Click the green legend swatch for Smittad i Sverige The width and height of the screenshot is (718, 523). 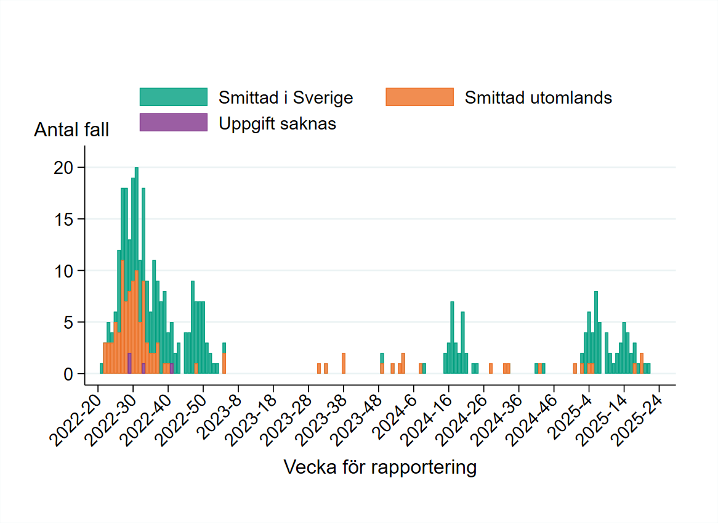click(173, 97)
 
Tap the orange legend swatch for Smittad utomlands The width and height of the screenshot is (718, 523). click(419, 97)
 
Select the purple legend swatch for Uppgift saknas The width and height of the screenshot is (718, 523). click(173, 123)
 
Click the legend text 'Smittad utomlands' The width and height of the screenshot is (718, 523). click(538, 97)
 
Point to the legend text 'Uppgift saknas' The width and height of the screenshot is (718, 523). click(277, 123)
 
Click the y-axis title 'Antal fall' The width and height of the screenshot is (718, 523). click(71, 130)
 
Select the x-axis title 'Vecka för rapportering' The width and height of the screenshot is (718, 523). click(380, 467)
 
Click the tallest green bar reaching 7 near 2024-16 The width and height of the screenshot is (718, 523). click(452, 336)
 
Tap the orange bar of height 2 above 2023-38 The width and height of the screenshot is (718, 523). click(344, 363)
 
